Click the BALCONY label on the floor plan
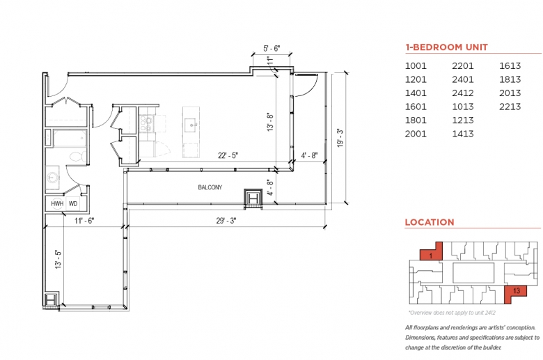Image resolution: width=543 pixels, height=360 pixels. pyautogui.click(x=210, y=187)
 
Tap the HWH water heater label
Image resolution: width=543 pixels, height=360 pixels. pyautogui.click(x=57, y=204)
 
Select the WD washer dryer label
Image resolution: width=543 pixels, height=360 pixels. pyautogui.click(x=73, y=204)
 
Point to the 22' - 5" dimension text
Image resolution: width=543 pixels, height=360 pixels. pyautogui.click(x=228, y=155)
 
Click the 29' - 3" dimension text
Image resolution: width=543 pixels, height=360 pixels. pyautogui.click(x=226, y=221)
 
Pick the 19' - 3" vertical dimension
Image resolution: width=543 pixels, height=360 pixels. pyautogui.click(x=340, y=138)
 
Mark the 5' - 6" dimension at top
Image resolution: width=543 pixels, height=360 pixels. pyautogui.click(x=271, y=49)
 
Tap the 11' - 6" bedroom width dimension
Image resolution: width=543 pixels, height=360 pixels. pyautogui.click(x=84, y=221)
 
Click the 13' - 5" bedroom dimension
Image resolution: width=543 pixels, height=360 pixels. pyautogui.click(x=58, y=259)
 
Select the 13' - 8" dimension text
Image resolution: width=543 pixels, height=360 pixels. pyautogui.click(x=270, y=122)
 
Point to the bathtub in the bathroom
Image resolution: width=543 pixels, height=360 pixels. pyautogui.click(x=70, y=138)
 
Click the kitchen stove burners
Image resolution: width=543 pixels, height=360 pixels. pyautogui.click(x=145, y=124)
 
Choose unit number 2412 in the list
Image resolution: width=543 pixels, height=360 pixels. pyautogui.click(x=463, y=93)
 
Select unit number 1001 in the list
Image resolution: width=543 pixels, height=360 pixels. pyautogui.click(x=416, y=66)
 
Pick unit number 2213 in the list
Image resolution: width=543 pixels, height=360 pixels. pyautogui.click(x=510, y=107)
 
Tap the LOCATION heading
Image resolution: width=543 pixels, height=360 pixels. pyautogui.click(x=430, y=222)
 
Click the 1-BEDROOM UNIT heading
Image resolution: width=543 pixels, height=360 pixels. pyautogui.click(x=446, y=47)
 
